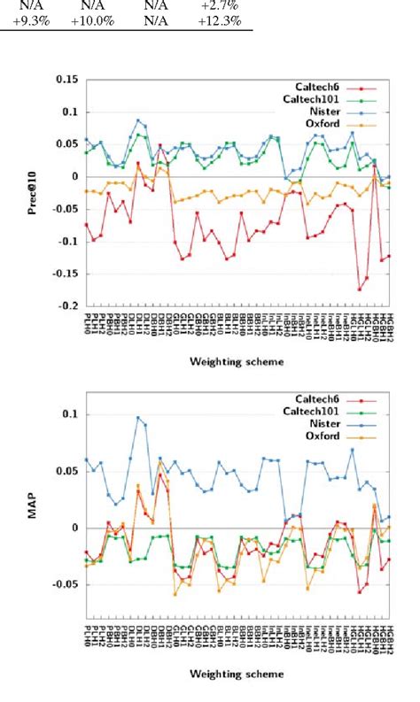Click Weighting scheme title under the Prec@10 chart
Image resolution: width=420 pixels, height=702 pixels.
point(238,361)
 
